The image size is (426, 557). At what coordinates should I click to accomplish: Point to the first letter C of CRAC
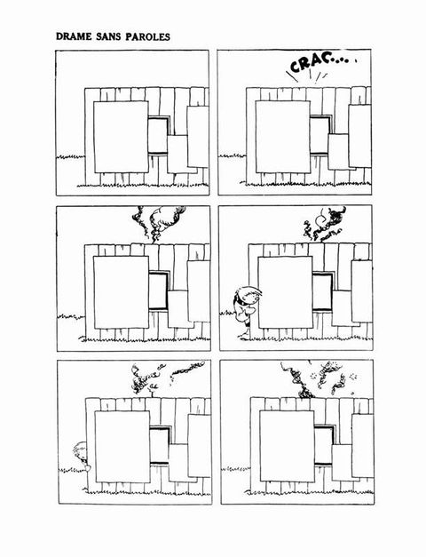[296, 67]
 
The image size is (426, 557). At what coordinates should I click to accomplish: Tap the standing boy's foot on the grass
[243, 334]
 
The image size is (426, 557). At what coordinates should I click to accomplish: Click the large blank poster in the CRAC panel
[282, 137]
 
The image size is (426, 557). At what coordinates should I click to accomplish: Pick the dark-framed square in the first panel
[158, 135]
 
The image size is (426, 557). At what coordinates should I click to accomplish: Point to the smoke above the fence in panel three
[159, 223]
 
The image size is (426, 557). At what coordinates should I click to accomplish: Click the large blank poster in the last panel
[288, 446]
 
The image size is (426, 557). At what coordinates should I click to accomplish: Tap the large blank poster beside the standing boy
[286, 292]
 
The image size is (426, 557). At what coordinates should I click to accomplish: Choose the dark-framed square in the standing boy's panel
[323, 291]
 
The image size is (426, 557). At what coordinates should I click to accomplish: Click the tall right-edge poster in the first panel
[198, 137]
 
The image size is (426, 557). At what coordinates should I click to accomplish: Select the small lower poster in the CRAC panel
[338, 152]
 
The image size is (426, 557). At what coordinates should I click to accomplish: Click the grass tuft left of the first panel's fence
[71, 156]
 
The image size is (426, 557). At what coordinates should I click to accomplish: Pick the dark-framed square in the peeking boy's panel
[161, 445]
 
